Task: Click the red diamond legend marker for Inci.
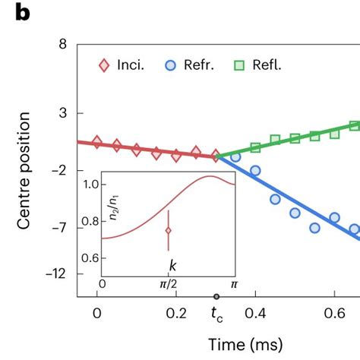(105, 66)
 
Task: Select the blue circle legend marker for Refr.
(172, 66)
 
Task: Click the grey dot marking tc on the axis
(216, 296)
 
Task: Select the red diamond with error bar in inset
(169, 230)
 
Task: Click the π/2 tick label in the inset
(169, 284)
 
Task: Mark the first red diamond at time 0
(96, 142)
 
